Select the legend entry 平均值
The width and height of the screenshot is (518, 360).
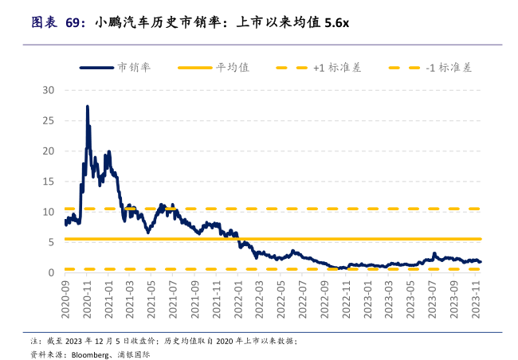tap(233, 68)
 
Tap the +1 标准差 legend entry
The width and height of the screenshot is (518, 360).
tap(336, 68)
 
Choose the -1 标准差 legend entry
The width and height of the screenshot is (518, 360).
tap(449, 68)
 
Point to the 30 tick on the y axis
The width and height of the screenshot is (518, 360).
tap(48, 90)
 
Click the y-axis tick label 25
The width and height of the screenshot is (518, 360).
tap(48, 120)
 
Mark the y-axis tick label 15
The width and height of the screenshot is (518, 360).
tap(48, 181)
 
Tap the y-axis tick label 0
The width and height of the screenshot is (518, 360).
tap(51, 272)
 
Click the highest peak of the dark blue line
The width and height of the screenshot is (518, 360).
tap(87, 107)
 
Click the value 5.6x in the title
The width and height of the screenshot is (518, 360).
tap(336, 23)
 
